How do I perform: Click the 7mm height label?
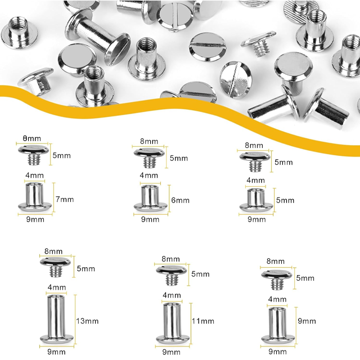pos(65,199)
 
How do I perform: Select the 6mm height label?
pos(181,200)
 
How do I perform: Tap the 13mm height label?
pos(87,321)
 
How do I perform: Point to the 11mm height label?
pos(203,321)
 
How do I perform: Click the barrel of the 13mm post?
pos(56,316)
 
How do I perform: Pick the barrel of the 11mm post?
pos(172,320)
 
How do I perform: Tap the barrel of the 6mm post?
pos(150,195)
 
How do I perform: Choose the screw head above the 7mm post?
pos(34,150)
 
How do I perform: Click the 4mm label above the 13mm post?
pos(57,287)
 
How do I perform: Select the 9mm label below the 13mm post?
pos(56,352)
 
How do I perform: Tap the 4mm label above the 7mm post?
pos(34,175)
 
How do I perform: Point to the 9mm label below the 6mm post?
pos(150,219)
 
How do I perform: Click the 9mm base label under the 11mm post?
pos(171,352)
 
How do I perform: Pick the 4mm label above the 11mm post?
pos(172,295)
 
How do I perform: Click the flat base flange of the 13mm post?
pos(57,339)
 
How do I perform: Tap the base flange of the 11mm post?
pos(173,339)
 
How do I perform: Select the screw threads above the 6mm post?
pos(150,161)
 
